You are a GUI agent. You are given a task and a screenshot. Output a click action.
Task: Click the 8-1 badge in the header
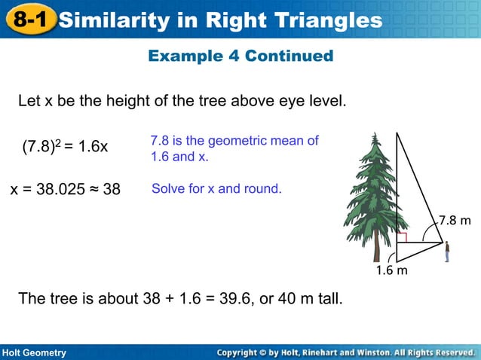click(x=29, y=20)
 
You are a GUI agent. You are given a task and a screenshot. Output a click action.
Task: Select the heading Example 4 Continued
click(x=240, y=56)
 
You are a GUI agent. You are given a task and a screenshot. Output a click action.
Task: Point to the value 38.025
click(x=65, y=189)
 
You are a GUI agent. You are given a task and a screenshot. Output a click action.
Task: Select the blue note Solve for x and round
click(x=216, y=188)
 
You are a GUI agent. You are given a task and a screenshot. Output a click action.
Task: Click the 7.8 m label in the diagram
click(x=455, y=221)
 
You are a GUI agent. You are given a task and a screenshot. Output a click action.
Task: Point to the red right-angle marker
click(x=402, y=238)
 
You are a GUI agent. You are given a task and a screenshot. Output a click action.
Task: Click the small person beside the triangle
click(x=446, y=251)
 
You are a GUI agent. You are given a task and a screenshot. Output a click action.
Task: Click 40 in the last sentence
click(x=286, y=299)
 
